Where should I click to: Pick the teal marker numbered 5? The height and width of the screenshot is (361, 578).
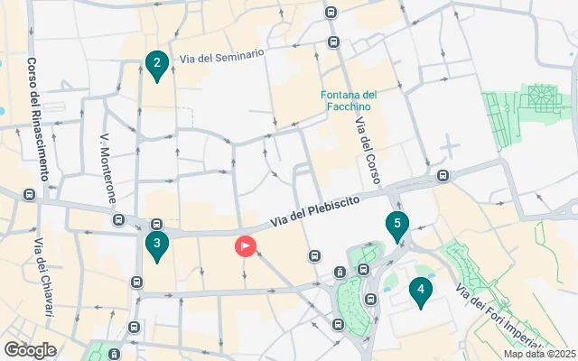coord(396,226)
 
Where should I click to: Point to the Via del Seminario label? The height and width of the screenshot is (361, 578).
coord(221,56)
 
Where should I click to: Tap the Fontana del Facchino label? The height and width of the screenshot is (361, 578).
coord(349,101)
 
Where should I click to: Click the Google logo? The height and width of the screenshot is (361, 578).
coord(30,350)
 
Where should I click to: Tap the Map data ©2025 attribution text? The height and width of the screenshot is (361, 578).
coord(538,354)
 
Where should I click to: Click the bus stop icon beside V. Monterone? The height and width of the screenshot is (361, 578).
coord(118,219)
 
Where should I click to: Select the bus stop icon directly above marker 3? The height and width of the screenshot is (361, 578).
coord(155,224)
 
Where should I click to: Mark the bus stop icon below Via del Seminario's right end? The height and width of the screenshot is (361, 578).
coord(332,42)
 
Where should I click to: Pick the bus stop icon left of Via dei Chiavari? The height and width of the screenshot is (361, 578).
coord(29,194)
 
